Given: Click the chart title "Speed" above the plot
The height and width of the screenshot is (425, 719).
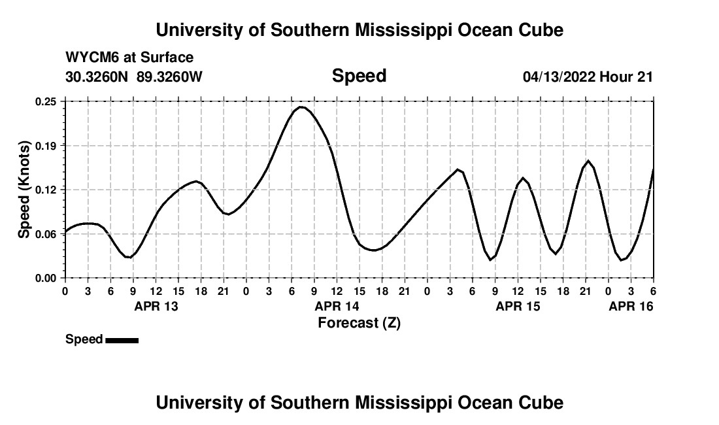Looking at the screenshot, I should [x=359, y=76].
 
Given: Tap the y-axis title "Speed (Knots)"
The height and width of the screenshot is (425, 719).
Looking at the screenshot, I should [x=24, y=189].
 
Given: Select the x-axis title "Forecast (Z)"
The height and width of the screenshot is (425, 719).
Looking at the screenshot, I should [x=359, y=322].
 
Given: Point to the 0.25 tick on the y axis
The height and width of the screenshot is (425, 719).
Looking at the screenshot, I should [x=46, y=101].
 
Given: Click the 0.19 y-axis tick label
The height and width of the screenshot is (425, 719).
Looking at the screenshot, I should [x=46, y=145].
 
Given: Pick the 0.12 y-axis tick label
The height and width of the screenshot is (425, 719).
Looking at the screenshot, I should [x=46, y=190].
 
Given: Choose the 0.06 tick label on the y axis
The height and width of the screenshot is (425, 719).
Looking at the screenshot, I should [x=46, y=233].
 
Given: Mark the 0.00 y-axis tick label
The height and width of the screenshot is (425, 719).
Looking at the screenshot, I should [x=46, y=278].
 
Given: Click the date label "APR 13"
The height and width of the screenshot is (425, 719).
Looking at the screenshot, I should [x=156, y=306].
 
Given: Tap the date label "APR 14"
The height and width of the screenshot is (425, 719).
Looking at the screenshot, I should [x=337, y=306].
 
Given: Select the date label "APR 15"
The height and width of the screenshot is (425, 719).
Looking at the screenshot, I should [x=518, y=306].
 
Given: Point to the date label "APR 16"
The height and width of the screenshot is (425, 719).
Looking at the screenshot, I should [x=631, y=306].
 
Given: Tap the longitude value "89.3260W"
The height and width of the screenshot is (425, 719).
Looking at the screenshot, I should [x=169, y=76].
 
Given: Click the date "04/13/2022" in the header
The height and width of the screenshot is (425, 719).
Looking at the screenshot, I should [x=559, y=76].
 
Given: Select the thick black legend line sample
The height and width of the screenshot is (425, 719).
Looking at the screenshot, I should [x=122, y=340].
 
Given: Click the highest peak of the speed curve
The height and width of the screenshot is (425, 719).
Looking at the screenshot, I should [x=301, y=107].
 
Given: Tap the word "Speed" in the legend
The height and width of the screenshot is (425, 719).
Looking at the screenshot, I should [x=84, y=339].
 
